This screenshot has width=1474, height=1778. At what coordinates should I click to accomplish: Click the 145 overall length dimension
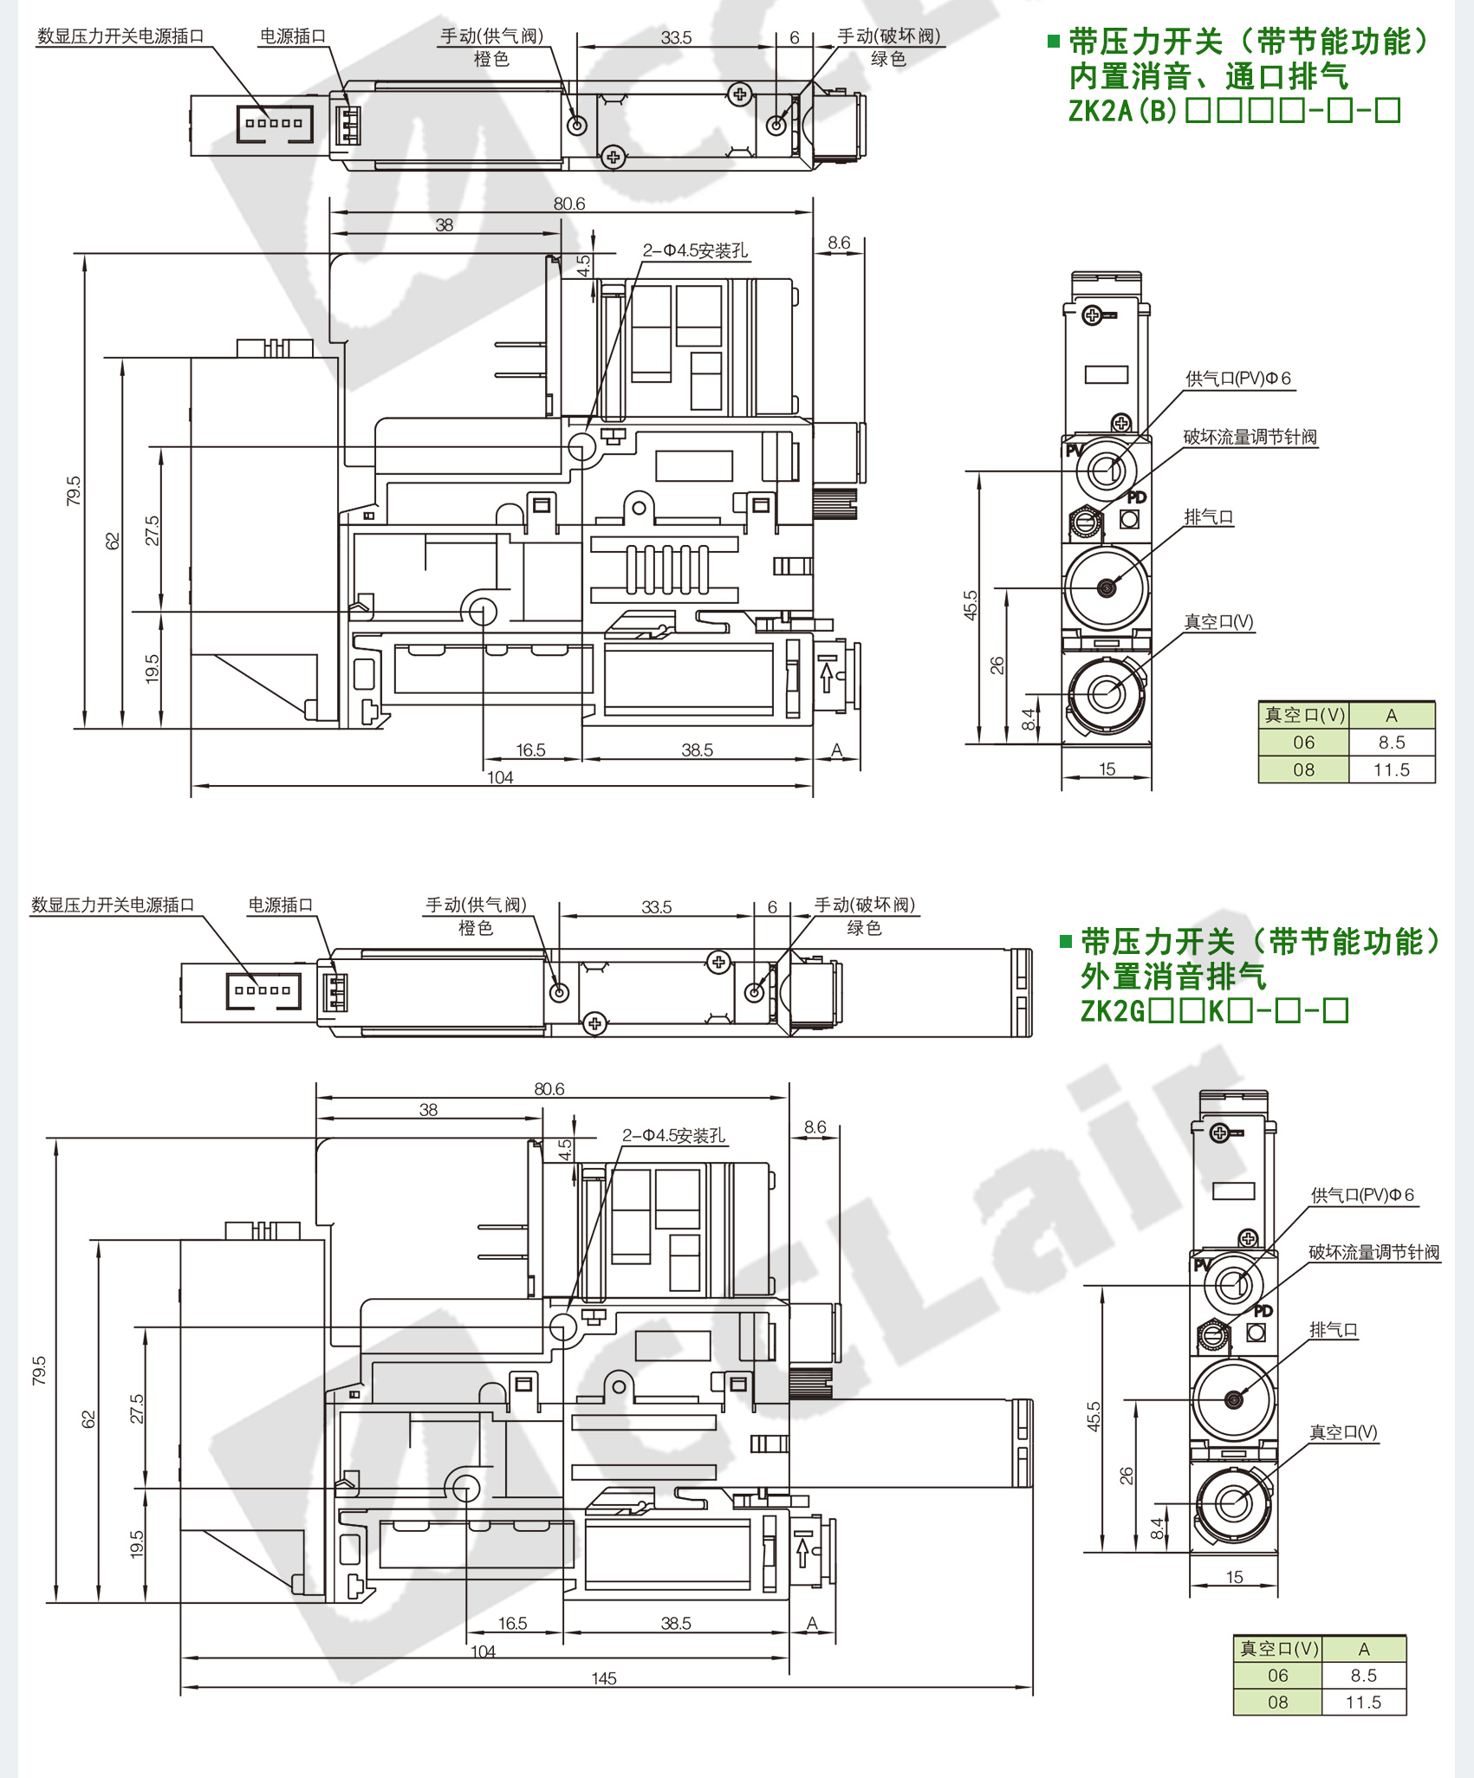pos(604,1678)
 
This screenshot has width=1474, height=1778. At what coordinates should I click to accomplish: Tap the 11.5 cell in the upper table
pos(1392,769)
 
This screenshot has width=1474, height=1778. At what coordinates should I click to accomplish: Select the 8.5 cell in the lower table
pos(1363,1675)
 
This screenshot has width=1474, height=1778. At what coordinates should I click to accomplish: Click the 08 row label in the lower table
pos(1278,1702)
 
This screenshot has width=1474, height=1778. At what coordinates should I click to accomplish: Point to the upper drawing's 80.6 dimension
pos(569,204)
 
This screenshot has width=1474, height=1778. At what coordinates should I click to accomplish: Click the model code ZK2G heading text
pos(1214,1010)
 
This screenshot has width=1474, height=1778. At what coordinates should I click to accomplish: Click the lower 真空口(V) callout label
pos(1343,1432)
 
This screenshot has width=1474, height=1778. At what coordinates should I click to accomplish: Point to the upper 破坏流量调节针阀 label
pos(1250,437)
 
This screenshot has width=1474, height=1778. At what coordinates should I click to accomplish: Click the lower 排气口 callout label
pos(1333,1329)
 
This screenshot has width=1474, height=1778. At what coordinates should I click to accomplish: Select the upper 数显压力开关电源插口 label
pos(120,36)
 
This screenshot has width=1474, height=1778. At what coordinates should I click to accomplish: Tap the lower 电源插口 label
pos(281,905)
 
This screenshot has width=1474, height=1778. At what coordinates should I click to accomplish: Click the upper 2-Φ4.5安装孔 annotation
pos(695,250)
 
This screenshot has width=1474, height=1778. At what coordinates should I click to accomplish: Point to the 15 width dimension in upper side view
pos(1107,769)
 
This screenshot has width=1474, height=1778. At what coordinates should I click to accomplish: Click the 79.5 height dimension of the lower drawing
pos(39,1370)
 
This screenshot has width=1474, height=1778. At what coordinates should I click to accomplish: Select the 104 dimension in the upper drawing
pos(500,777)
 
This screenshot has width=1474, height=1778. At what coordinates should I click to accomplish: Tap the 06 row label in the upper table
pos(1303,743)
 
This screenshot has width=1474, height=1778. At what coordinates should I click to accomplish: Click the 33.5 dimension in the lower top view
pos(656,907)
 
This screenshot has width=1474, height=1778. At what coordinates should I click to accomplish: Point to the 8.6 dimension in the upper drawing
pos(838,243)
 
